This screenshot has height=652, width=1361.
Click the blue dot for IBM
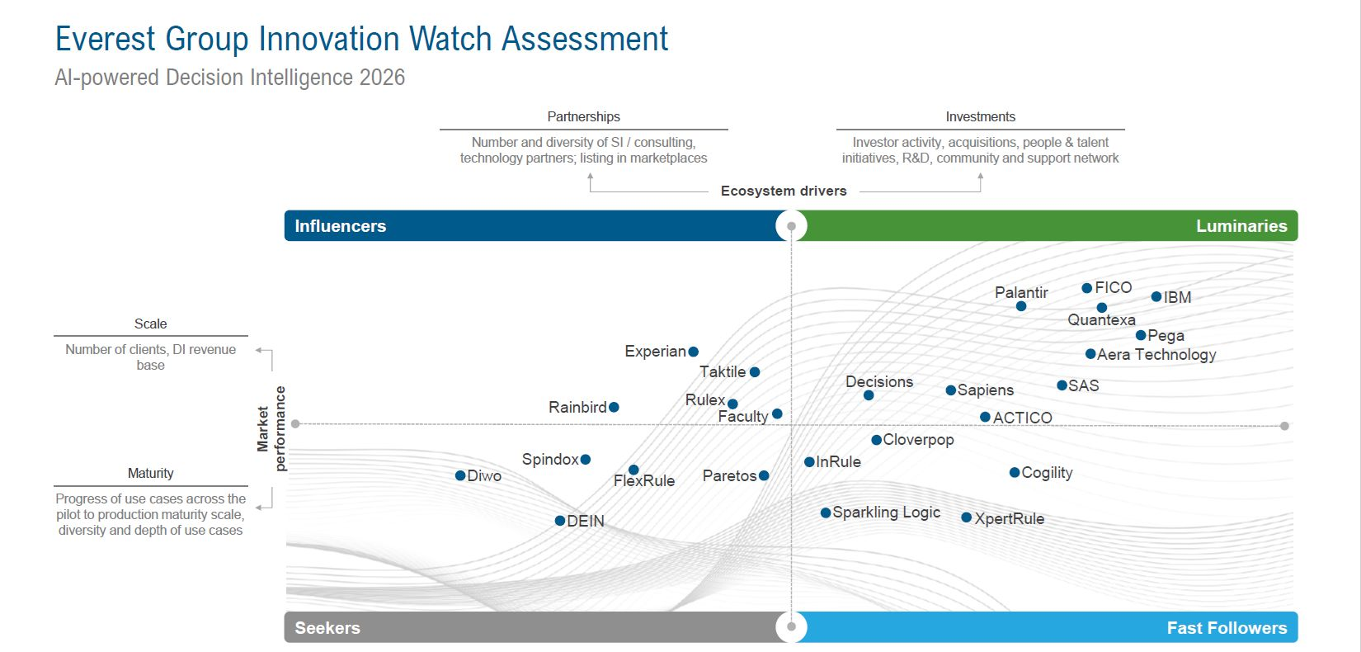pyautogui.click(x=1156, y=297)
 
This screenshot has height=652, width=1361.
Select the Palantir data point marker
pyautogui.click(x=1021, y=306)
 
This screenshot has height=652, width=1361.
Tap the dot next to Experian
pyautogui.click(x=694, y=352)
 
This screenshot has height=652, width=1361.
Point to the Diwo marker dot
pyautogui.click(x=460, y=475)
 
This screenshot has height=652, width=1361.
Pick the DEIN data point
pyautogui.click(x=560, y=521)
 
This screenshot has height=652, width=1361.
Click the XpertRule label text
pyautogui.click(x=1009, y=518)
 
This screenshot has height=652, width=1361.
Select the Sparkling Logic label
pyautogui.click(x=886, y=513)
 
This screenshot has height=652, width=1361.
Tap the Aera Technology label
pyautogui.click(x=1156, y=355)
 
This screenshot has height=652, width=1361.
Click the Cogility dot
pyautogui.click(x=1015, y=473)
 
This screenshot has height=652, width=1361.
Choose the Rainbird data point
pyautogui.click(x=614, y=407)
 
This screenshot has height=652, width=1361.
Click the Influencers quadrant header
pyautogui.click(x=340, y=226)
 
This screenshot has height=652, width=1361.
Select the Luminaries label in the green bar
pyautogui.click(x=1241, y=226)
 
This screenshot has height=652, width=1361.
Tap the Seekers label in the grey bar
pyautogui.click(x=327, y=628)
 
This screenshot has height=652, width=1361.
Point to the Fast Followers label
pyautogui.click(x=1226, y=628)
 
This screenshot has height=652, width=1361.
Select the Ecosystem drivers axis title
pyautogui.click(x=784, y=191)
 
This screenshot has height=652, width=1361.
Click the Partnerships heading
pyautogui.click(x=583, y=117)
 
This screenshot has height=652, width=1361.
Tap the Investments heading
pyautogui.click(x=980, y=117)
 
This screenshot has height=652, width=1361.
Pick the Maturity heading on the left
pyautogui.click(x=150, y=473)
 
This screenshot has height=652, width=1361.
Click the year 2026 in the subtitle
pyautogui.click(x=382, y=78)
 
